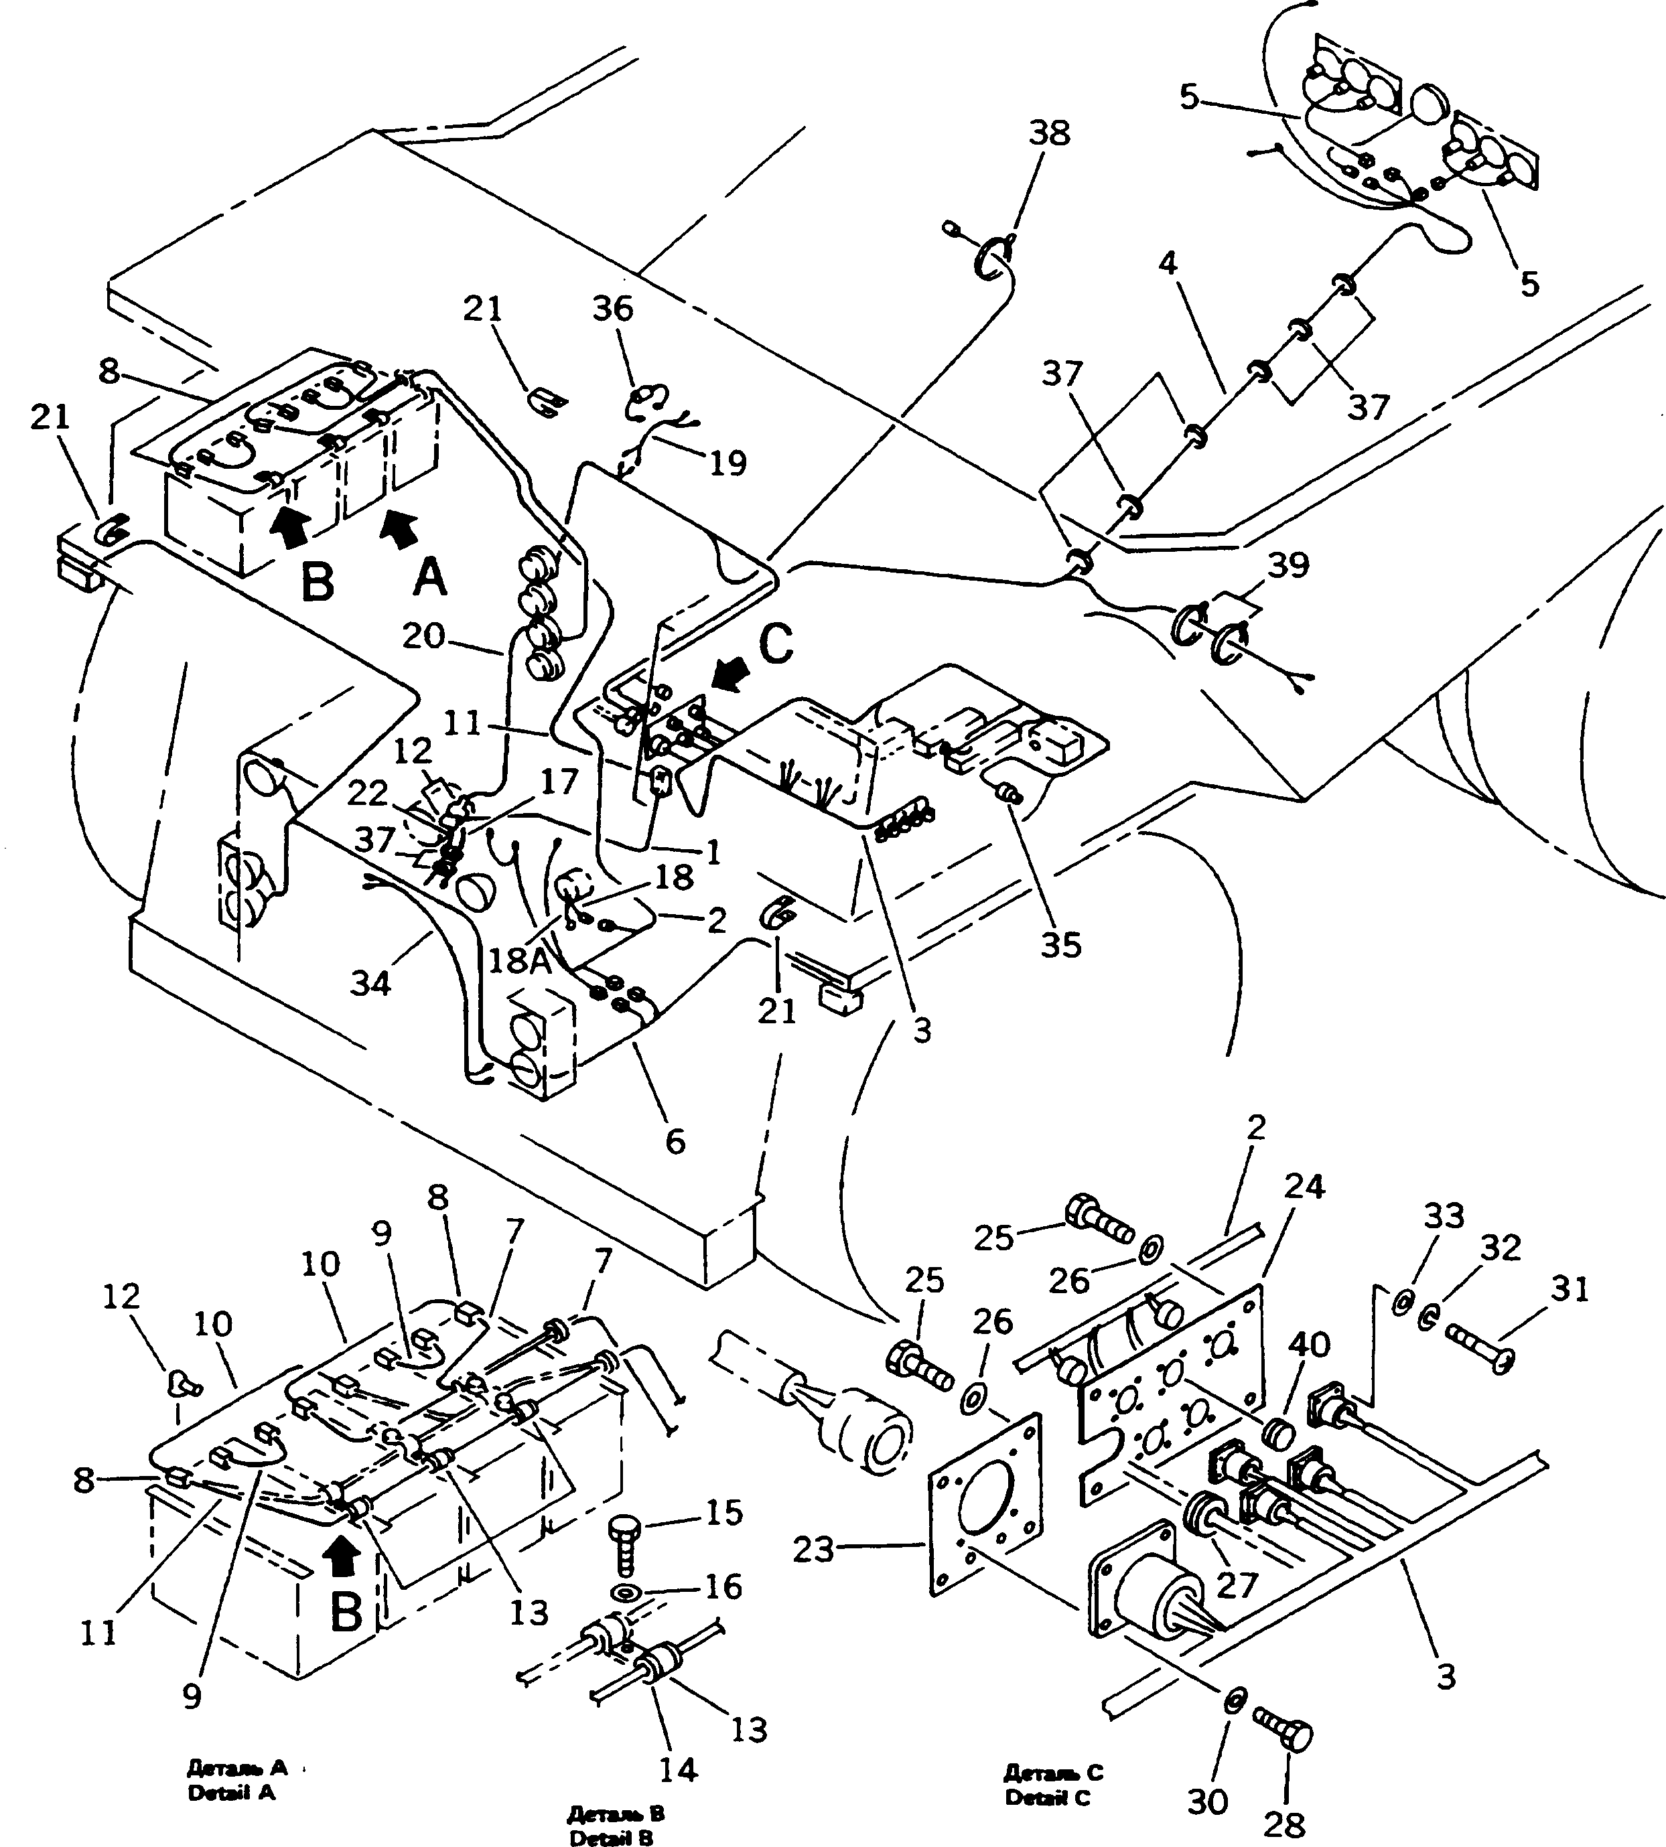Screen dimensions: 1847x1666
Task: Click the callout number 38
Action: coord(1048,134)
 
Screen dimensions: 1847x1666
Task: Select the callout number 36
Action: coord(612,309)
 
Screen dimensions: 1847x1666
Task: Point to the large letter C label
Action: coord(775,644)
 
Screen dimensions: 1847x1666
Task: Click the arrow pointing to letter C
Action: coord(730,679)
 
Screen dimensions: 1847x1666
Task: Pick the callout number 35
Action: coord(1061,944)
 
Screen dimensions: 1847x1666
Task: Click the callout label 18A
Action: coord(519,960)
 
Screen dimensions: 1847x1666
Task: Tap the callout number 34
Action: coord(370,984)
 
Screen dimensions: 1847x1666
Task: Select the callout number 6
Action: coord(675,1141)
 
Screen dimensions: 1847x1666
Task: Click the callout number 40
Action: coord(1308,1345)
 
